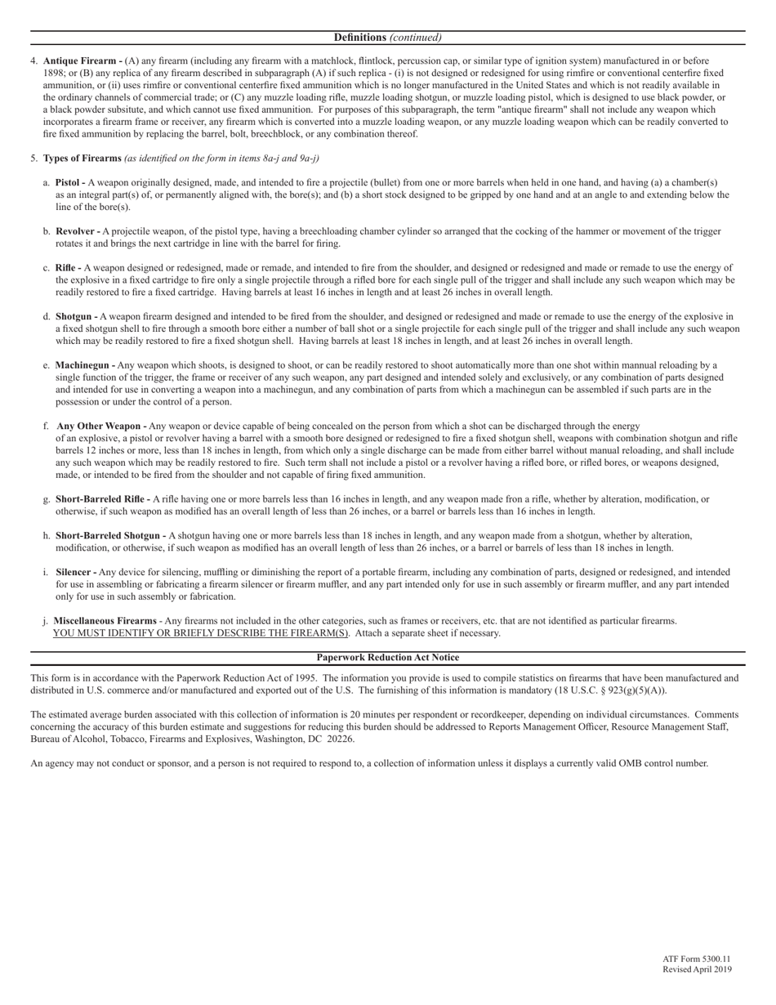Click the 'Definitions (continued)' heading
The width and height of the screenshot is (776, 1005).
click(388, 38)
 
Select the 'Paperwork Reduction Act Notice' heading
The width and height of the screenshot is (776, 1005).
click(388, 658)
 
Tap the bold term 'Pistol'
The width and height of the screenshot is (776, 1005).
click(69, 183)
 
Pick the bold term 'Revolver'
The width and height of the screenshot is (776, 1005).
click(75, 232)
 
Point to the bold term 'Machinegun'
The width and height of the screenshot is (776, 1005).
click(83, 365)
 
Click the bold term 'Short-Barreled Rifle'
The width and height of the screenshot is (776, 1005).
click(100, 499)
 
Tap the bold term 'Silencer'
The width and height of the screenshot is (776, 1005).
click(74, 573)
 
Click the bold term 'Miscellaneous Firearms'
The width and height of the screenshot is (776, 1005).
click(105, 621)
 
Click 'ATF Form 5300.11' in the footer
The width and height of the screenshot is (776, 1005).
click(697, 958)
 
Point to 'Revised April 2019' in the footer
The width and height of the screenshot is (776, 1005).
click(697, 970)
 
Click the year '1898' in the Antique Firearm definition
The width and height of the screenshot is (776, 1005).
click(54, 73)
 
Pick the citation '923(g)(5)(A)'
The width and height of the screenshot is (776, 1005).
click(634, 690)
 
